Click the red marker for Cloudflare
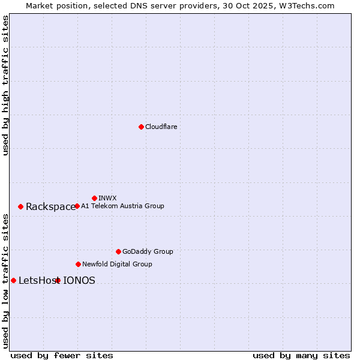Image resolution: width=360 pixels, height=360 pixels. point(141,127)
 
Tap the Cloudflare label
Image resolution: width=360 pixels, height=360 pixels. point(161,127)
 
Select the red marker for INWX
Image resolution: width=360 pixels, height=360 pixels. point(94,198)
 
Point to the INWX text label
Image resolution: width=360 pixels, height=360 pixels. point(107,198)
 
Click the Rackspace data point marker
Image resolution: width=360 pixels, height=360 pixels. point(20,206)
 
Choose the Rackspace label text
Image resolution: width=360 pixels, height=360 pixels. point(50,207)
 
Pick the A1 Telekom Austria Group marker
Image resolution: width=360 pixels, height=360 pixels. point(77,206)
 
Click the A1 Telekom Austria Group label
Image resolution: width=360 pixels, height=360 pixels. point(122,206)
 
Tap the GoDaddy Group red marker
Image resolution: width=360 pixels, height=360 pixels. point(118,251)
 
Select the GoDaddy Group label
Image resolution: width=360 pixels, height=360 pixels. point(147,251)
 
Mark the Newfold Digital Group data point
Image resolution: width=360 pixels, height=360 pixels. point(78,264)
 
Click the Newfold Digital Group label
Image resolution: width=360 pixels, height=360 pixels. point(117,264)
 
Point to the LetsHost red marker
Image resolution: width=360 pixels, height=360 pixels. point(13,280)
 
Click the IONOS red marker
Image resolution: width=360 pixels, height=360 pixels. point(58,280)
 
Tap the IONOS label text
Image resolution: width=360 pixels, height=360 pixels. point(79,280)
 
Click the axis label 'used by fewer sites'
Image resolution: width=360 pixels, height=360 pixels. point(62,355)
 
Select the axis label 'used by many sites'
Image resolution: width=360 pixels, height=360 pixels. point(301,355)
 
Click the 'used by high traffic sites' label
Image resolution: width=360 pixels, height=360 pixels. point(5,85)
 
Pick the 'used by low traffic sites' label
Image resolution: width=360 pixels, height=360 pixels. point(5,280)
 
